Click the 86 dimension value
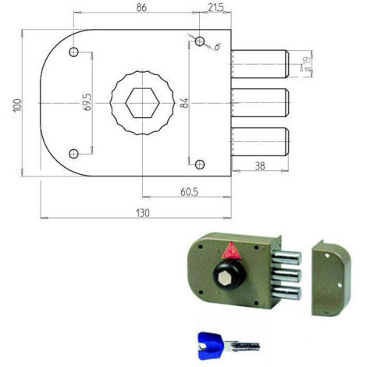(x=141, y=8)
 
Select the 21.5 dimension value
(x=216, y=8)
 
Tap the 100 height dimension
(x=17, y=105)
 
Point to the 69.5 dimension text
(x=87, y=102)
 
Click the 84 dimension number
(x=184, y=103)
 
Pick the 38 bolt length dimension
(x=259, y=166)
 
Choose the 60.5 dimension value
(x=189, y=192)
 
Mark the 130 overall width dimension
(x=143, y=213)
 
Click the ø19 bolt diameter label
(x=308, y=64)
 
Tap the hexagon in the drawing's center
(x=142, y=103)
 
